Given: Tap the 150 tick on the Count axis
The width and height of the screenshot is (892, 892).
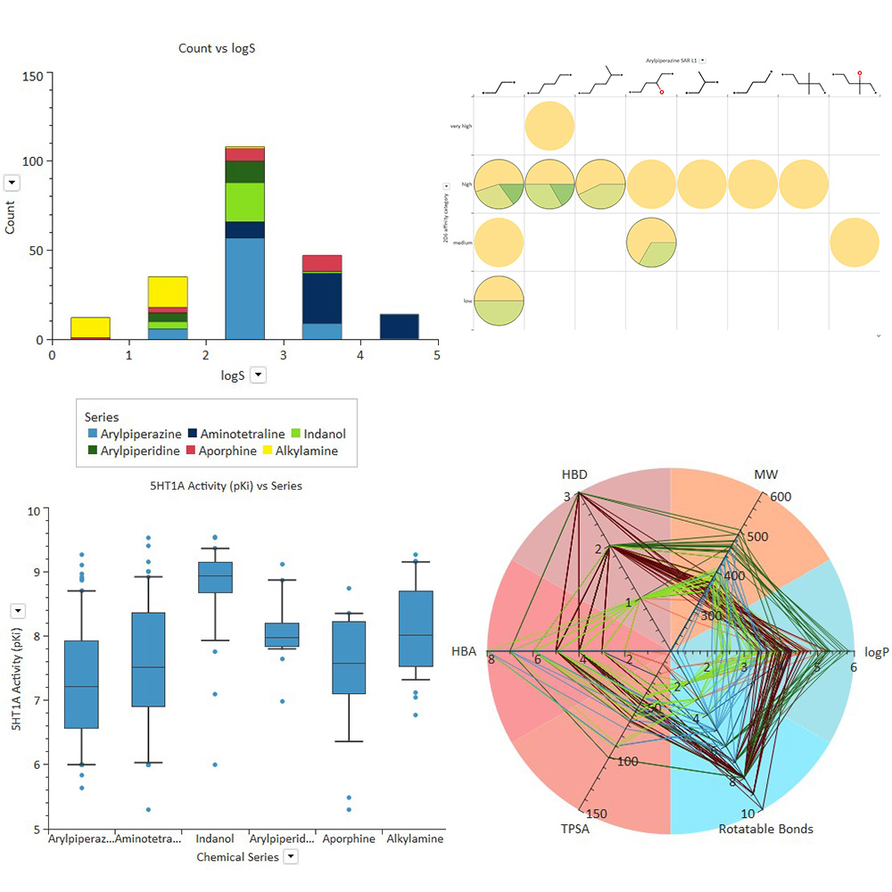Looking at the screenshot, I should [33, 76].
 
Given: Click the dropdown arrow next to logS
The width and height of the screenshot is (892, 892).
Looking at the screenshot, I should [258, 376].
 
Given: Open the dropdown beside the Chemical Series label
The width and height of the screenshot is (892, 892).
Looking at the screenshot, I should [290, 856].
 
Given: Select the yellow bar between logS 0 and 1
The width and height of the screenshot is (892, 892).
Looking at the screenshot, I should [90, 327].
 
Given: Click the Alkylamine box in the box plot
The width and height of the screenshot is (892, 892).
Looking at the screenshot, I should [416, 628].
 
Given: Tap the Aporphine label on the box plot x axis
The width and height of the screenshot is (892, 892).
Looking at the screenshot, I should [349, 839].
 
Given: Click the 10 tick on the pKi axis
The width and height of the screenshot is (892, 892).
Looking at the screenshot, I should [33, 511].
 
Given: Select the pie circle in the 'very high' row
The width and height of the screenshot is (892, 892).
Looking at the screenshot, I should [549, 126].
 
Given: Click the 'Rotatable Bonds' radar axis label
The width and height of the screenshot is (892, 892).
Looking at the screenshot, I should [765, 830].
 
